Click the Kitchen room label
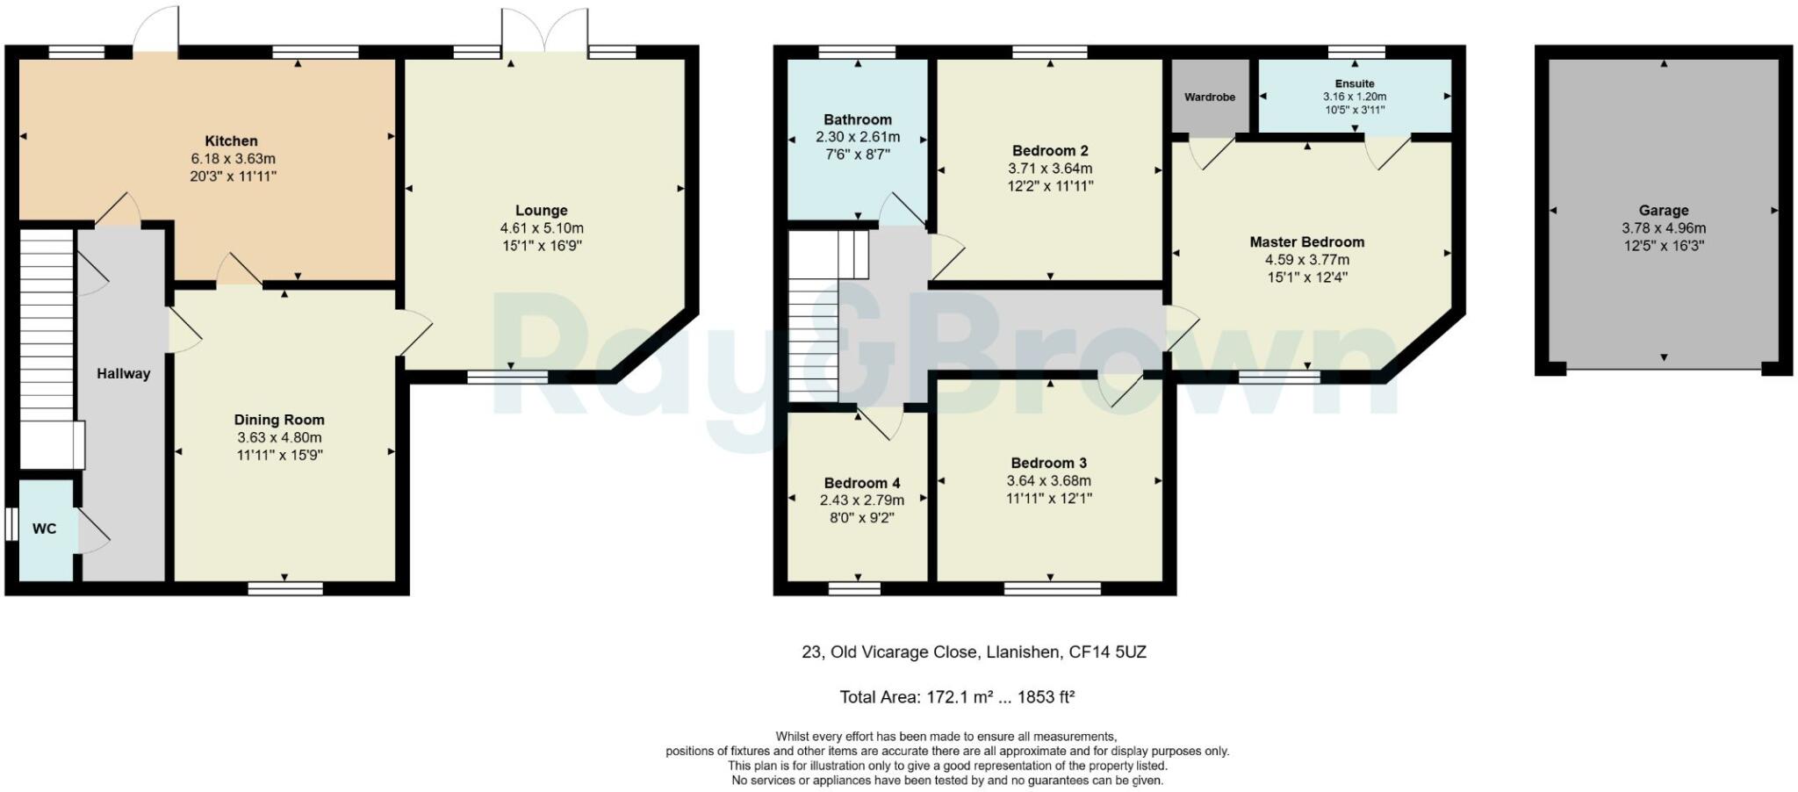point(231,140)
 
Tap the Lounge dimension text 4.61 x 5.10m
point(541,228)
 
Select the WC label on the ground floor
point(44,528)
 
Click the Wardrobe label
point(1210,97)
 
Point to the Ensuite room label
point(1355,83)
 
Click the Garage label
point(1663,210)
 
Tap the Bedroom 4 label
point(861,483)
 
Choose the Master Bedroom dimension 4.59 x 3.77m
point(1306,260)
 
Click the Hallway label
point(123,373)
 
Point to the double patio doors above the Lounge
point(544,31)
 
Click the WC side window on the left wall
point(11,524)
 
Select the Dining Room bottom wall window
point(285,588)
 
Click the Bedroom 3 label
point(1048,463)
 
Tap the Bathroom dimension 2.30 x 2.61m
point(857,137)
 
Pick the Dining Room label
point(279,420)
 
